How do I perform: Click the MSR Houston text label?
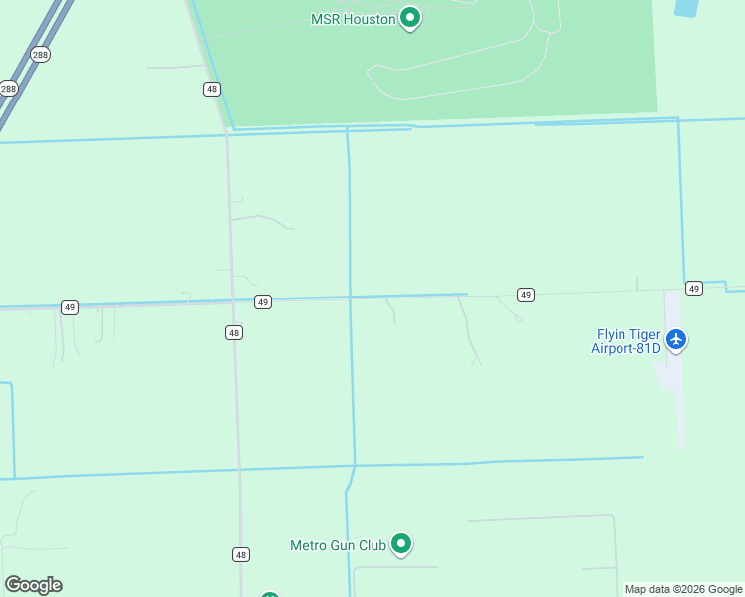point(353,19)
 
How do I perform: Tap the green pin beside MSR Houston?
point(409,18)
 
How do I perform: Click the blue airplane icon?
point(677,340)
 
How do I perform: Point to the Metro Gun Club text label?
point(338,545)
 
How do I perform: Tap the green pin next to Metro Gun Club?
point(401,544)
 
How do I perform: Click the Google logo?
point(33,585)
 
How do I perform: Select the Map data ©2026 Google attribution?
point(684,589)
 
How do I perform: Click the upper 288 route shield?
point(40,55)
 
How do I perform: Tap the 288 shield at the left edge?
point(8,89)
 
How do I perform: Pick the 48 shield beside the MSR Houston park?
point(211,89)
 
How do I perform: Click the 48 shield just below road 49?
point(233,333)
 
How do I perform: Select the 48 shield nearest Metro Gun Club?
point(242,554)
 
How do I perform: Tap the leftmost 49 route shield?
point(69,307)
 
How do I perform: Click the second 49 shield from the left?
point(262,301)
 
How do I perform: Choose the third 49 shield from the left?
point(526,295)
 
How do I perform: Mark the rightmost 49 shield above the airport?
point(694,288)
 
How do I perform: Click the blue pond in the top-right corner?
point(686,7)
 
